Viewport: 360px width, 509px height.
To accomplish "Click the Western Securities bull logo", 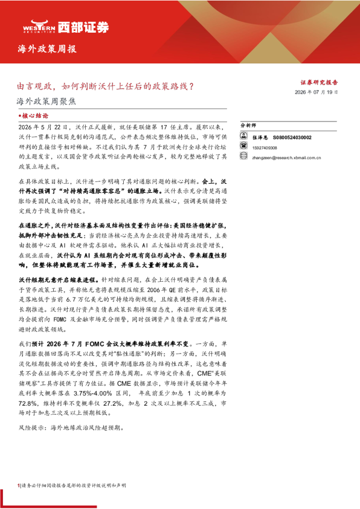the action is coord(39,26).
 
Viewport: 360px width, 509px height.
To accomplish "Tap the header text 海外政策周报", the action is coord(47,49).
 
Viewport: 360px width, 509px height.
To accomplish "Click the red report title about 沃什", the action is coord(106,86).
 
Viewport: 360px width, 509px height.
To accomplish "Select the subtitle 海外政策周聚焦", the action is coord(47,102).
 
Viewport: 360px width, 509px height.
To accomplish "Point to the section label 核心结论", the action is coord(33,115).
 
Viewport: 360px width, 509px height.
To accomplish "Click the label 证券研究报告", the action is coord(319,82).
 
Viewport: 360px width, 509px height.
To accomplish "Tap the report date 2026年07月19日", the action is coord(317,92).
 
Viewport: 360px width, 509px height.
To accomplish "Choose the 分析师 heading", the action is coord(248,125).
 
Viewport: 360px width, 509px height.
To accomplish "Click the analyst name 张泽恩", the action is coord(260,138).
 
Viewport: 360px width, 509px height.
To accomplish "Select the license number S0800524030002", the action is coord(292,138).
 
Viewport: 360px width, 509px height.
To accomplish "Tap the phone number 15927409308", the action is coord(265,148).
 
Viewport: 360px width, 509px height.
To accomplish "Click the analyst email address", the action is coord(287,158).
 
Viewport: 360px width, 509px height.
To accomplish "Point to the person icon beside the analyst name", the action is coord(243,135).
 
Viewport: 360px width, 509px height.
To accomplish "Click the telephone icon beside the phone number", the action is coord(243,146).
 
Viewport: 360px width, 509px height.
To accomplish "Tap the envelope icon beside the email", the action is coord(243,156).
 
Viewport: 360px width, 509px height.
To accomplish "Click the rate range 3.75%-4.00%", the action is coord(93,393).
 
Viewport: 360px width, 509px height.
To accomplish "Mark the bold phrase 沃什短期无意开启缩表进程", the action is coord(57,280).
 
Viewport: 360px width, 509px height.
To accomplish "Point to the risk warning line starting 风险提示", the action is coord(71,428).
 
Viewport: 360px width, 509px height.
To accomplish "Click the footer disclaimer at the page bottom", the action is coord(72,485).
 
